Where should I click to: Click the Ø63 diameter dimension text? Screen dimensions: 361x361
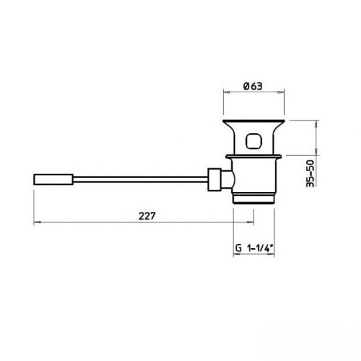(253, 86)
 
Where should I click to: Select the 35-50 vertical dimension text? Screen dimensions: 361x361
(310, 173)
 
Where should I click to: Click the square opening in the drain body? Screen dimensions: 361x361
(255, 142)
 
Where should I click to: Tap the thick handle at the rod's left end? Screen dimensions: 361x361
(52, 180)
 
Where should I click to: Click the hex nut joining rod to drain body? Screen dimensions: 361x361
(216, 180)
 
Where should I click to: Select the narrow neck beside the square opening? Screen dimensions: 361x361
(237, 142)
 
